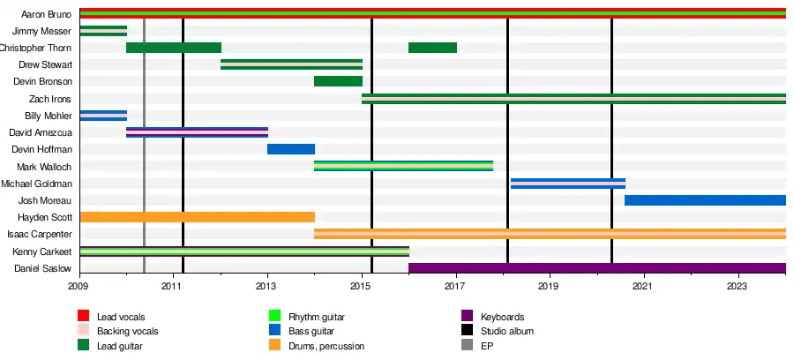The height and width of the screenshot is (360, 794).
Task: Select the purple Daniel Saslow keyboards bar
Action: pyautogui.click(x=596, y=268)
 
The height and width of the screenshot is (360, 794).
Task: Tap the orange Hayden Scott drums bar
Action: pyautogui.click(x=197, y=217)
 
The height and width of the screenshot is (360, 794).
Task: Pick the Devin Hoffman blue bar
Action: pyautogui.click(x=291, y=149)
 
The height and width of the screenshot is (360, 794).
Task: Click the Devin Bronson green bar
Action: pyautogui.click(x=338, y=81)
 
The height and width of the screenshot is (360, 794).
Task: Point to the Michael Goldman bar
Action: pyautogui.click(x=567, y=184)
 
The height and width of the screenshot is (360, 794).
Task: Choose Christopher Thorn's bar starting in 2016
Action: pyautogui.click(x=432, y=48)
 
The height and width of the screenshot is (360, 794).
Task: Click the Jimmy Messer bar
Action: pyautogui.click(x=103, y=31)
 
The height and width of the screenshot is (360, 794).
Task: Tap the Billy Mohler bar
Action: pyautogui.click(x=103, y=116)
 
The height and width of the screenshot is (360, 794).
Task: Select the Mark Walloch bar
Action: pyautogui.click(x=403, y=166)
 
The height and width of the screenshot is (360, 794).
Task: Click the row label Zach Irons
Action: pyautogui.click(x=50, y=99)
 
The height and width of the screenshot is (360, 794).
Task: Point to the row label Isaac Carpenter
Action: pyautogui.click(x=40, y=235)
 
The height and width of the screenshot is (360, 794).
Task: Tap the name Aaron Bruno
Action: pyautogui.click(x=47, y=14)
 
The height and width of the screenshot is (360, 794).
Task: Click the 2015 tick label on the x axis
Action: pyautogui.click(x=361, y=286)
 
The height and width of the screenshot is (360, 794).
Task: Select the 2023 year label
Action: pyautogui.click(x=738, y=286)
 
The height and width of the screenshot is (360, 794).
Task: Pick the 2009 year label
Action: pyautogui.click(x=79, y=286)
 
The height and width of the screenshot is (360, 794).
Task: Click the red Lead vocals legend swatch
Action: pyautogui.click(x=84, y=317)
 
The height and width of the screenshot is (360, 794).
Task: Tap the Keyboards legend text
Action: pyautogui.click(x=503, y=317)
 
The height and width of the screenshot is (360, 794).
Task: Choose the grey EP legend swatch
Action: pyautogui.click(x=467, y=346)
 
